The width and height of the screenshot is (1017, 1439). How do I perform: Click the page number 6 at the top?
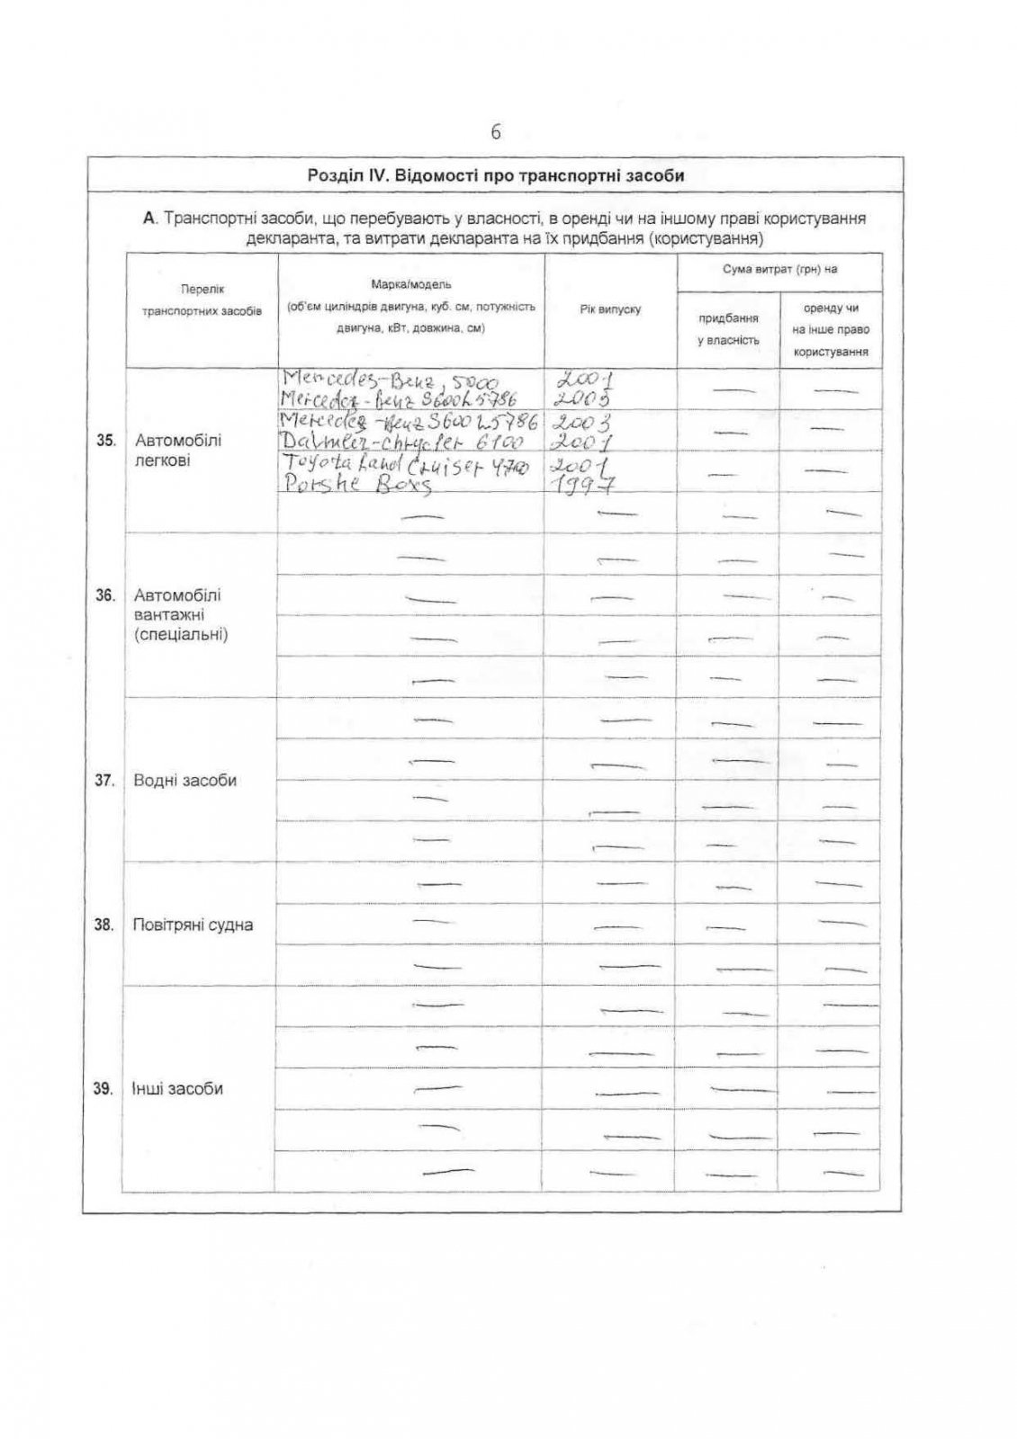(x=496, y=132)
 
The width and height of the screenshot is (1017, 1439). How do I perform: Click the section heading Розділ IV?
(x=495, y=175)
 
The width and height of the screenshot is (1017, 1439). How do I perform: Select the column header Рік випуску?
(x=610, y=309)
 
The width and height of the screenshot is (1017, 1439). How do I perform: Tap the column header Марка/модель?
(x=411, y=285)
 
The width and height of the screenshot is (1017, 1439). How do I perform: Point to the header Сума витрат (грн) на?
(x=779, y=269)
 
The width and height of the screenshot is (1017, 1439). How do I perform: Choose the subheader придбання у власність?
(x=728, y=329)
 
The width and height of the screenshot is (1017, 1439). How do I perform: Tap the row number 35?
(x=105, y=441)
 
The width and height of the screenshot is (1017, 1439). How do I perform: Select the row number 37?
(x=105, y=781)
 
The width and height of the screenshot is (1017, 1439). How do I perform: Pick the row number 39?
(x=103, y=1089)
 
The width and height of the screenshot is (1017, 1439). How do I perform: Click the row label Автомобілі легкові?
(x=177, y=451)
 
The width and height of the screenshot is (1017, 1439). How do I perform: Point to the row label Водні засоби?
(x=184, y=781)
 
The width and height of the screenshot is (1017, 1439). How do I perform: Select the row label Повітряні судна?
(x=192, y=925)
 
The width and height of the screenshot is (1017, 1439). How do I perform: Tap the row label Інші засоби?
(x=177, y=1089)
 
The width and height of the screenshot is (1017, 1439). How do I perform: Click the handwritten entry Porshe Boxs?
(x=357, y=484)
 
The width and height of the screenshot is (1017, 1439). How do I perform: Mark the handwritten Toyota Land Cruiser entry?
(x=405, y=465)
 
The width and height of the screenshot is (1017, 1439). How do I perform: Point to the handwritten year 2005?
(x=586, y=398)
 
